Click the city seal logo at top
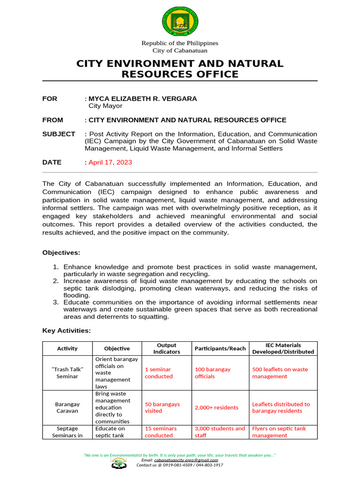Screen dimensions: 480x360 (180, 21)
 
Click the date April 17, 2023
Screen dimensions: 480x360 (110, 162)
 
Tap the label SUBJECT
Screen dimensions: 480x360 (59, 134)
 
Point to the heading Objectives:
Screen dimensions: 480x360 (61, 253)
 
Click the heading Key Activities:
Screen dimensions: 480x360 (67, 330)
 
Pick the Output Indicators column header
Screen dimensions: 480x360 (166, 348)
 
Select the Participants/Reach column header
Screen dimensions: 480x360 (220, 348)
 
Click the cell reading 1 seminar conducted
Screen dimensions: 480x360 (159, 373)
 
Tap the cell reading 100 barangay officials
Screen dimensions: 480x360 (212, 373)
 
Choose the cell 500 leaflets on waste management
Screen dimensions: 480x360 (280, 373)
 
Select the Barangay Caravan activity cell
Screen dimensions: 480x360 (67, 407)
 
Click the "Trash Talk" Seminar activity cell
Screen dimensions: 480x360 (67, 373)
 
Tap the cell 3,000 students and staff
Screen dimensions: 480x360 (220, 432)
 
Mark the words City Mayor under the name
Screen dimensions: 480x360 (105, 106)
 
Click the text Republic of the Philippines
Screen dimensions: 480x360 (180, 43)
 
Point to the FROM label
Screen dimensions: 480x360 (52, 120)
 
